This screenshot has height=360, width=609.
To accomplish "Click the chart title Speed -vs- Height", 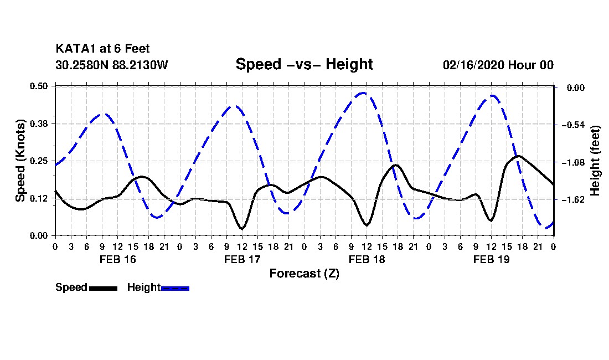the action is (304, 64).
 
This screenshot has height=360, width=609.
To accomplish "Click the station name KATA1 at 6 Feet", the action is (102, 49).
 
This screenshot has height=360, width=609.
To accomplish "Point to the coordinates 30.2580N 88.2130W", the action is (112, 65).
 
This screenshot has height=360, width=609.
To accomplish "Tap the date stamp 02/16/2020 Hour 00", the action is (498, 65).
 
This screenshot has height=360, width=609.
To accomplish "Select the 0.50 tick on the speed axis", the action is (39, 86).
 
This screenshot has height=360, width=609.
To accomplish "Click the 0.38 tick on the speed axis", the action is (39, 124).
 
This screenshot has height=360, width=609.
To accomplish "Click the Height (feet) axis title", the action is (595, 161).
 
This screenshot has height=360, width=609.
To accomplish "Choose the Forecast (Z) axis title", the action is (304, 274).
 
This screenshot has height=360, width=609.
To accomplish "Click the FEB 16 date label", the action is (118, 259).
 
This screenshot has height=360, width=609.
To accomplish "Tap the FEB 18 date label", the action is (367, 259).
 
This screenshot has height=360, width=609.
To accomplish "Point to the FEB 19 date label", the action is (491, 259).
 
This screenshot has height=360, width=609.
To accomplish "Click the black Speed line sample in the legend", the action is (104, 288).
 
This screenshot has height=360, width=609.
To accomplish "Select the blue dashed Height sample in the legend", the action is (175, 288).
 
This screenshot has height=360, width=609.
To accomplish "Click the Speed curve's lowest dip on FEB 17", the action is (242, 229).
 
